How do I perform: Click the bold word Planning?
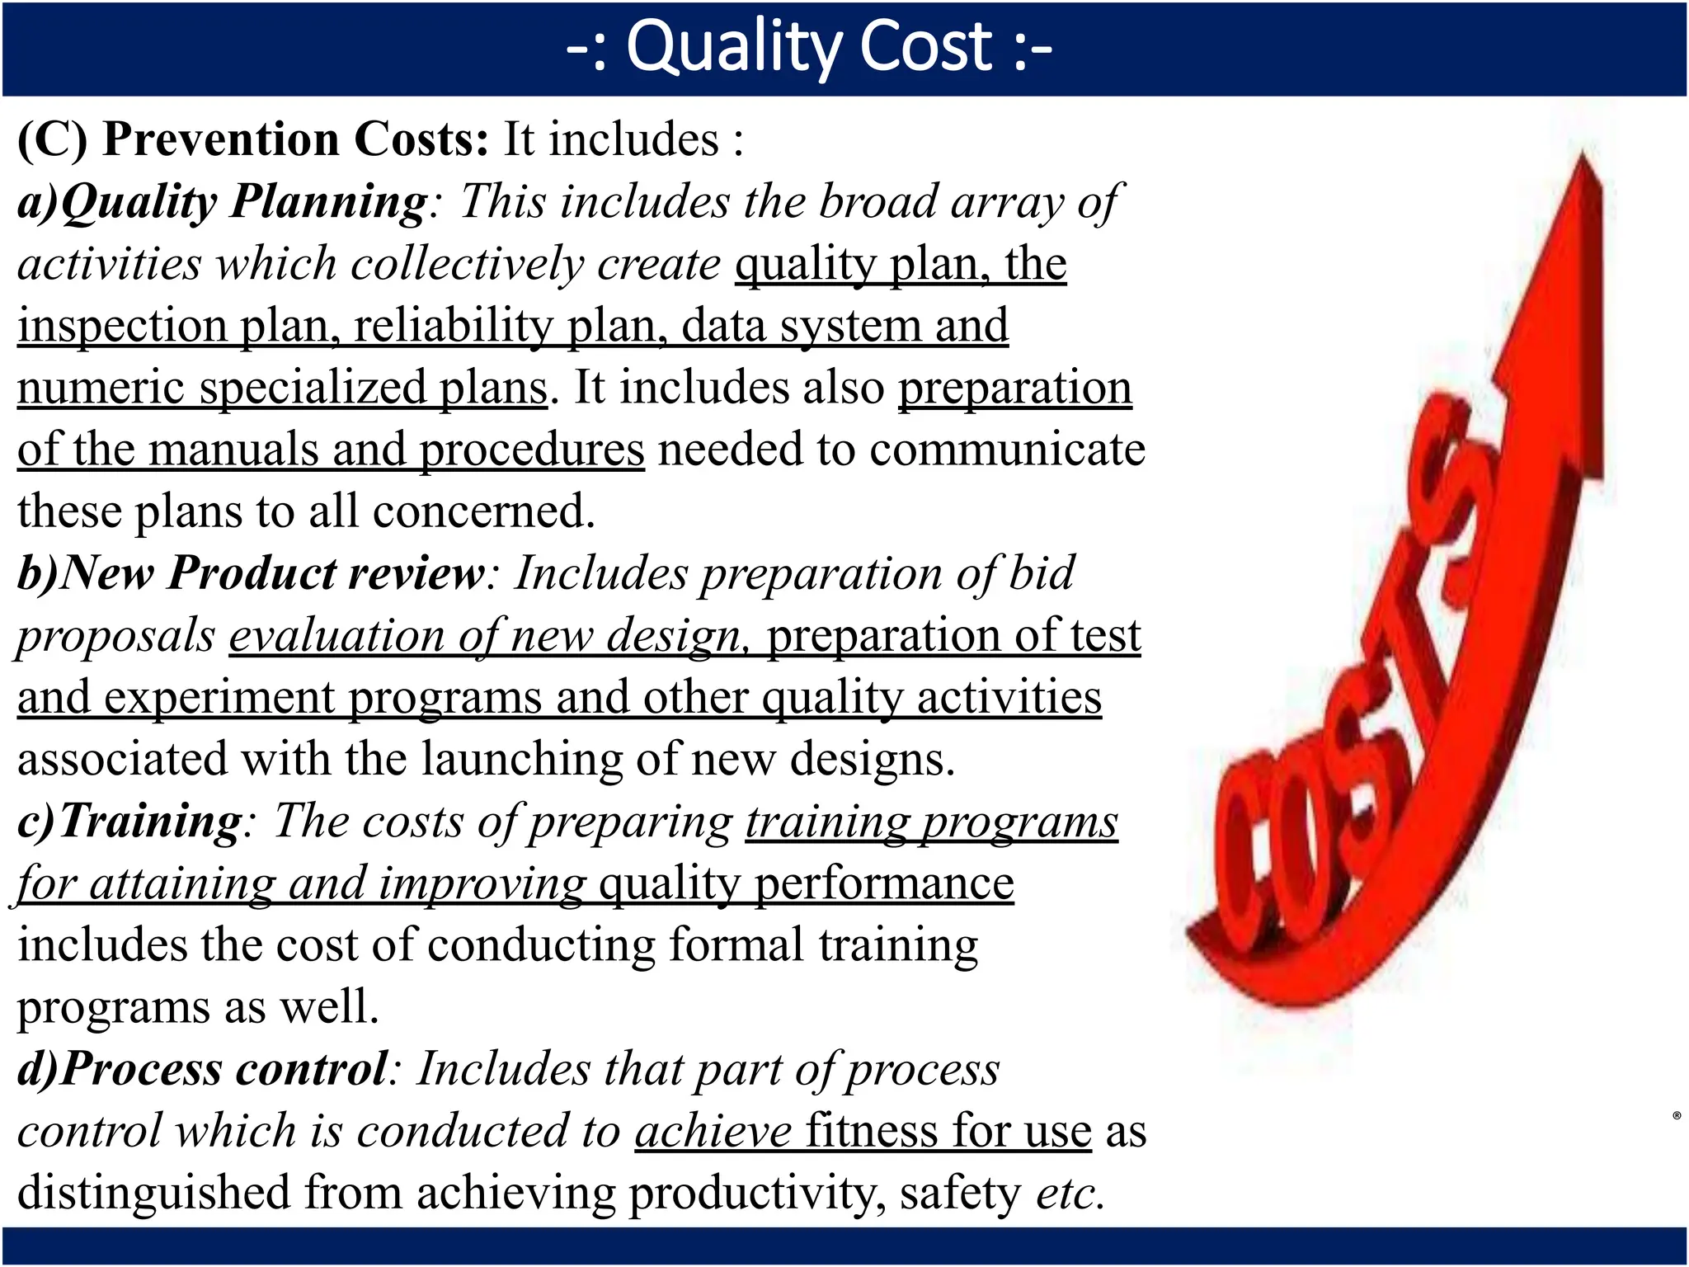[x=329, y=201]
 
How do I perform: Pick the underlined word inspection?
[x=122, y=326]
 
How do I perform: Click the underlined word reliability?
[x=453, y=326]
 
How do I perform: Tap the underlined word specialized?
[x=313, y=388]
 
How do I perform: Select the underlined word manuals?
[x=234, y=450]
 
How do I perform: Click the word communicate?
[x=1007, y=450]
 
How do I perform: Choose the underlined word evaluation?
[x=336, y=636]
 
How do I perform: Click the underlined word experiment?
[x=219, y=699]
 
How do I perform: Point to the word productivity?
[x=757, y=1194]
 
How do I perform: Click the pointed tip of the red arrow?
[x=1583, y=157]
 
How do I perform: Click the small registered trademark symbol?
[x=1677, y=1116]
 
